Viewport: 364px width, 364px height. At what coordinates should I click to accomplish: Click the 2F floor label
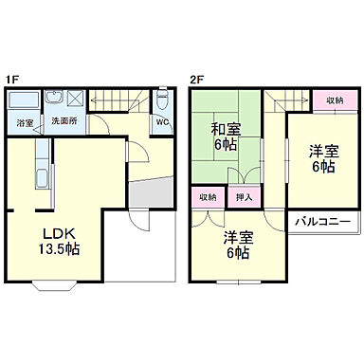pyautogui.click(x=196, y=80)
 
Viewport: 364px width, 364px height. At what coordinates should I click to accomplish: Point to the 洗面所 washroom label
pyautogui.click(x=64, y=121)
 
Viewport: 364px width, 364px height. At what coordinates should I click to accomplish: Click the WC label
pyautogui.click(x=162, y=122)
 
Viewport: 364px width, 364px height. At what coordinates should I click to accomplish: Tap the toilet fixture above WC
pyautogui.click(x=162, y=100)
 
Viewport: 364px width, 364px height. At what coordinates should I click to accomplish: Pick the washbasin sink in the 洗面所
pyautogui.click(x=54, y=99)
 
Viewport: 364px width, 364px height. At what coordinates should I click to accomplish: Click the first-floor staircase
pyautogui.click(x=119, y=100)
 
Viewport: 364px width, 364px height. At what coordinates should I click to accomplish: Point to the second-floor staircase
pyautogui.click(x=281, y=100)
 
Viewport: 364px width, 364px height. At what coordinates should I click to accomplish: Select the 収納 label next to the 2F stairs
pyautogui.click(x=334, y=100)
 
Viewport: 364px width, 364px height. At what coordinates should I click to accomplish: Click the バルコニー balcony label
pyautogui.click(x=321, y=221)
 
